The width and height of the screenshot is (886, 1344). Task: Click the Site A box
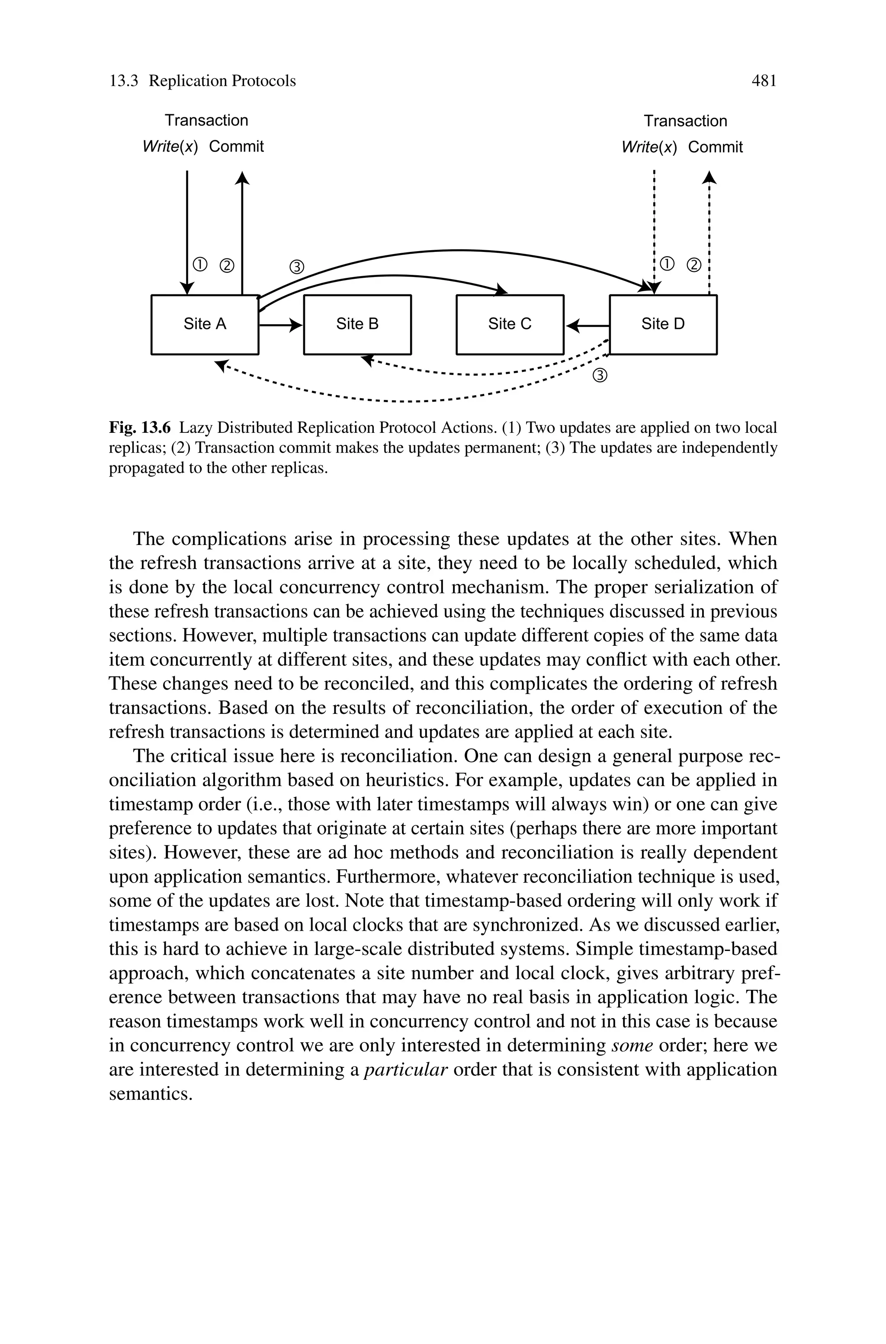click(x=205, y=324)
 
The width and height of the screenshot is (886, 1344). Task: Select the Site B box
click(x=357, y=324)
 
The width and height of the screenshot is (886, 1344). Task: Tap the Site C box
click(x=510, y=324)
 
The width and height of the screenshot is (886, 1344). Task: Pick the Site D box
click(x=663, y=324)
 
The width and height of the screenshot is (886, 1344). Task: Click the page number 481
click(x=764, y=81)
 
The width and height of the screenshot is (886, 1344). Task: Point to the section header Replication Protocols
click(x=222, y=81)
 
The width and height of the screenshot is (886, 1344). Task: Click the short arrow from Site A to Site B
click(x=281, y=325)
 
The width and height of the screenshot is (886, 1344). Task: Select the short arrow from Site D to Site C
click(x=587, y=326)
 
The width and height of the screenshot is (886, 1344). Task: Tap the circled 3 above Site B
click(x=297, y=267)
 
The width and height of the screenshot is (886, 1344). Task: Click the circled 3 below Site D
click(x=600, y=375)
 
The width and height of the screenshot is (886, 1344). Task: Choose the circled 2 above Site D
click(x=693, y=265)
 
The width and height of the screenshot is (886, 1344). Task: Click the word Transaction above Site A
click(x=206, y=120)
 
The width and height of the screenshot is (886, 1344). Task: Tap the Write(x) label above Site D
click(x=648, y=148)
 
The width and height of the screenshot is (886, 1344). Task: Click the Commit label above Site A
click(x=236, y=147)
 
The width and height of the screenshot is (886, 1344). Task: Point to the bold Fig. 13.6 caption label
click(x=140, y=427)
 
